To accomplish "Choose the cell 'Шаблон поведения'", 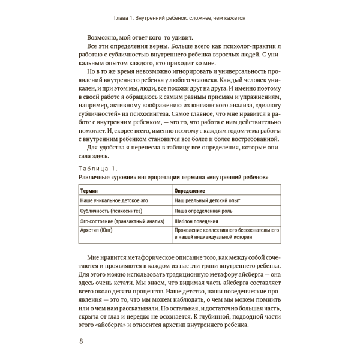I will pyautogui.click(x=196, y=221).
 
